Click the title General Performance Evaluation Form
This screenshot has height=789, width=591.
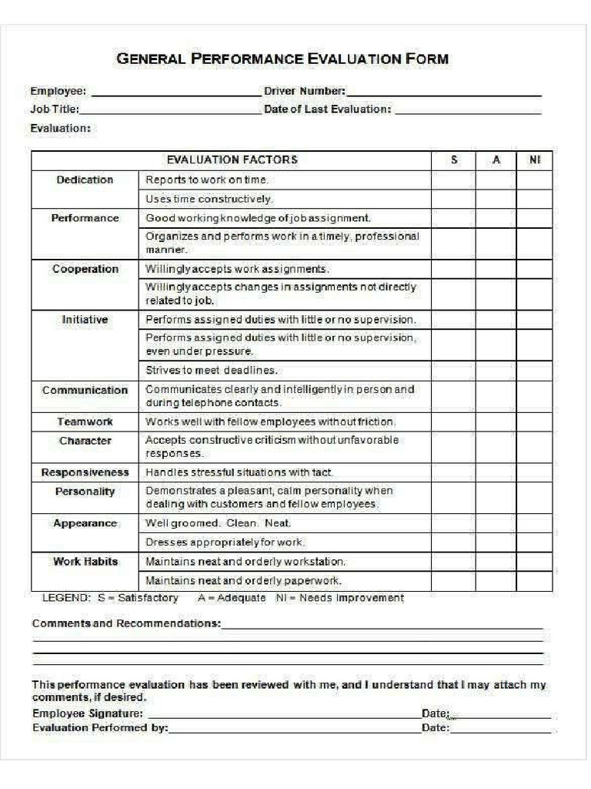(x=282, y=59)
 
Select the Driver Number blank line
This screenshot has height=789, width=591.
(x=444, y=92)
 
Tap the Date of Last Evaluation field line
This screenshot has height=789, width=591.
(x=468, y=111)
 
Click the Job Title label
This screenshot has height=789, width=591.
(x=54, y=109)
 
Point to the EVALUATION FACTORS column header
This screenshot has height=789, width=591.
(x=232, y=160)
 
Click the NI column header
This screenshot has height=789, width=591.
(x=535, y=160)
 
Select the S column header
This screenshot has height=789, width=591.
(x=453, y=160)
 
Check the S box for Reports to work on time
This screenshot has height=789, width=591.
(x=453, y=180)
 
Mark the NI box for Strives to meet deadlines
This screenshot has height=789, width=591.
(x=535, y=370)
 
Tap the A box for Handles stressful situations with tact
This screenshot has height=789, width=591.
(x=496, y=472)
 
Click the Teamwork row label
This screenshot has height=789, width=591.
(x=85, y=422)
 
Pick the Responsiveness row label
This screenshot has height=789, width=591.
(x=85, y=472)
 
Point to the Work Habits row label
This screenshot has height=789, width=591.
(x=85, y=562)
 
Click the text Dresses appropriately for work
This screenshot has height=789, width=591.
(x=225, y=542)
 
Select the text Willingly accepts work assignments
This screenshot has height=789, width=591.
(x=237, y=270)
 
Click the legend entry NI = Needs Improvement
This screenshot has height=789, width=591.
(x=339, y=599)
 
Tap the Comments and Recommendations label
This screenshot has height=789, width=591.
(x=126, y=623)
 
